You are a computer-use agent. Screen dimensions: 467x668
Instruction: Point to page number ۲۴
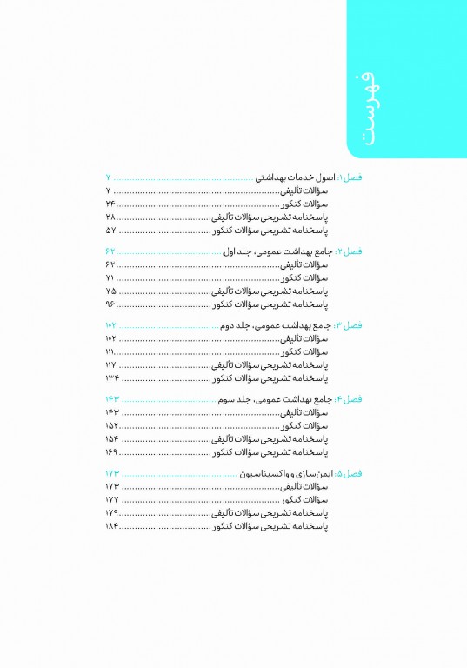[110, 204]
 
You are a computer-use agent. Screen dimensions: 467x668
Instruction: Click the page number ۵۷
[110, 232]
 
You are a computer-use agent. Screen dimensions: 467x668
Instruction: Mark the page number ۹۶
[110, 306]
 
